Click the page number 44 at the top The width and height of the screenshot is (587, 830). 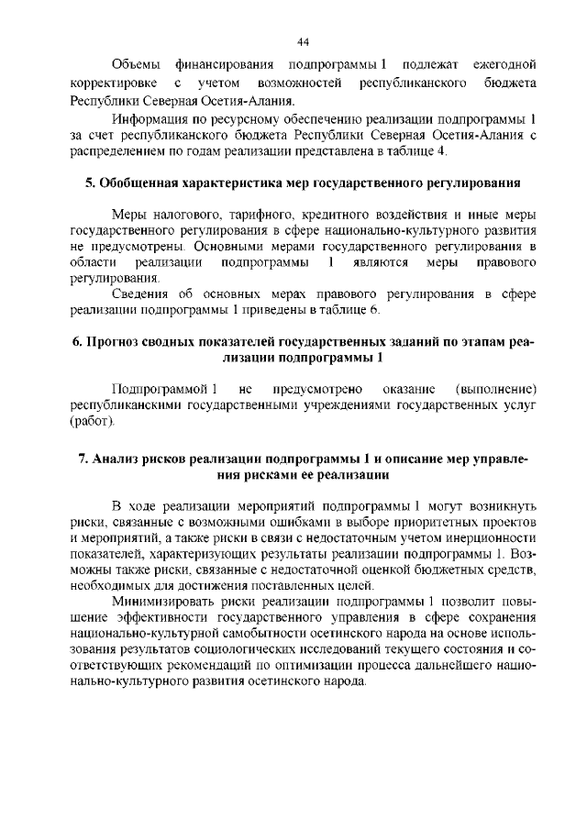click(x=304, y=41)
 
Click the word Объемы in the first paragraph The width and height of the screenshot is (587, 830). click(x=136, y=64)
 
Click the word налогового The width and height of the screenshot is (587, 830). click(x=189, y=215)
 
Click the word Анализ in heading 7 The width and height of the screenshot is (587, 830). click(x=121, y=459)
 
